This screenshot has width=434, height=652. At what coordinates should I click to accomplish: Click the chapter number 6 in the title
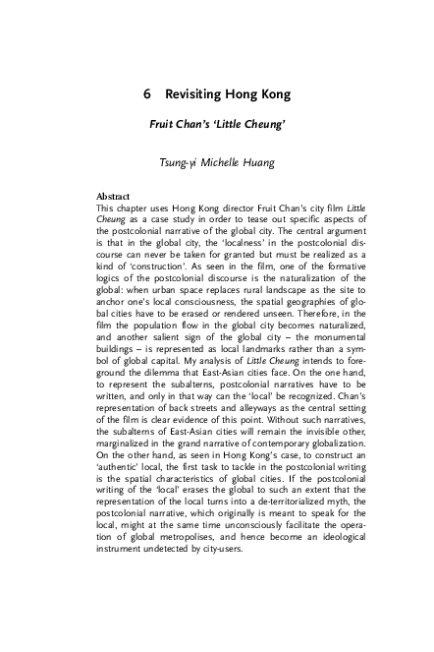tap(146, 96)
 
